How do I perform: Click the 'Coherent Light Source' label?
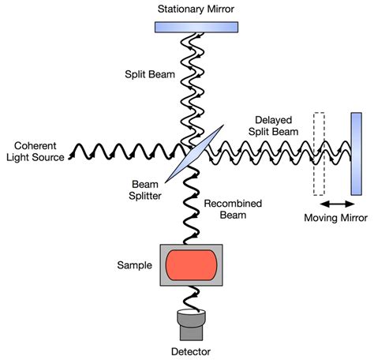tap(33, 150)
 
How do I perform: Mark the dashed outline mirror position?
tap(319, 153)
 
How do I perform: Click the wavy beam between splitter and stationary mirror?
tap(192, 87)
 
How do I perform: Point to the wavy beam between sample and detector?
tap(192, 298)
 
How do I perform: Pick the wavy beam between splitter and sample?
tap(192, 205)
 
